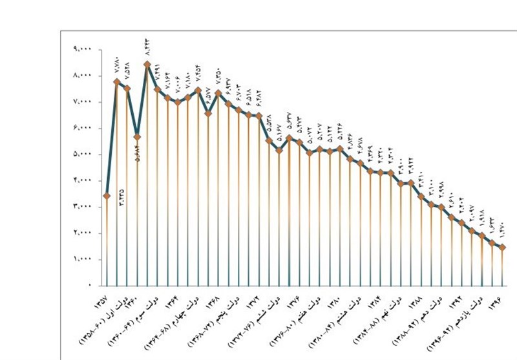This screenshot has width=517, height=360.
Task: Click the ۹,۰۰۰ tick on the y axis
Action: coord(82,49)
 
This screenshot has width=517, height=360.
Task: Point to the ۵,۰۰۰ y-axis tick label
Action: coord(82,154)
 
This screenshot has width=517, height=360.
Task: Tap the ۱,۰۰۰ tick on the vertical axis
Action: coord(82,259)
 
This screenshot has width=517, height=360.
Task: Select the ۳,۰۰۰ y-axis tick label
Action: coord(82,206)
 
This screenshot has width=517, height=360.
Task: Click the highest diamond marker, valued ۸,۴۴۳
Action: coord(147,64)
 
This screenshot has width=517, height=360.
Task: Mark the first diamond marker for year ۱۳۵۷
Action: coord(106,195)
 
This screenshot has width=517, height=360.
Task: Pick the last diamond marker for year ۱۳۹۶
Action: coord(503,247)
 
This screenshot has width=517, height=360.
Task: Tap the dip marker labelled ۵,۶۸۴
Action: coord(137,137)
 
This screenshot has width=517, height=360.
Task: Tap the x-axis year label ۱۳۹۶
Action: coord(495,303)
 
